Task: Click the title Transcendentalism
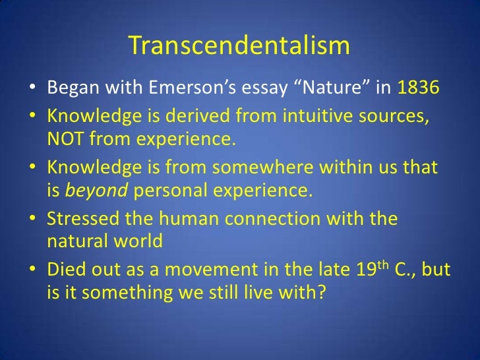[x=239, y=45]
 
